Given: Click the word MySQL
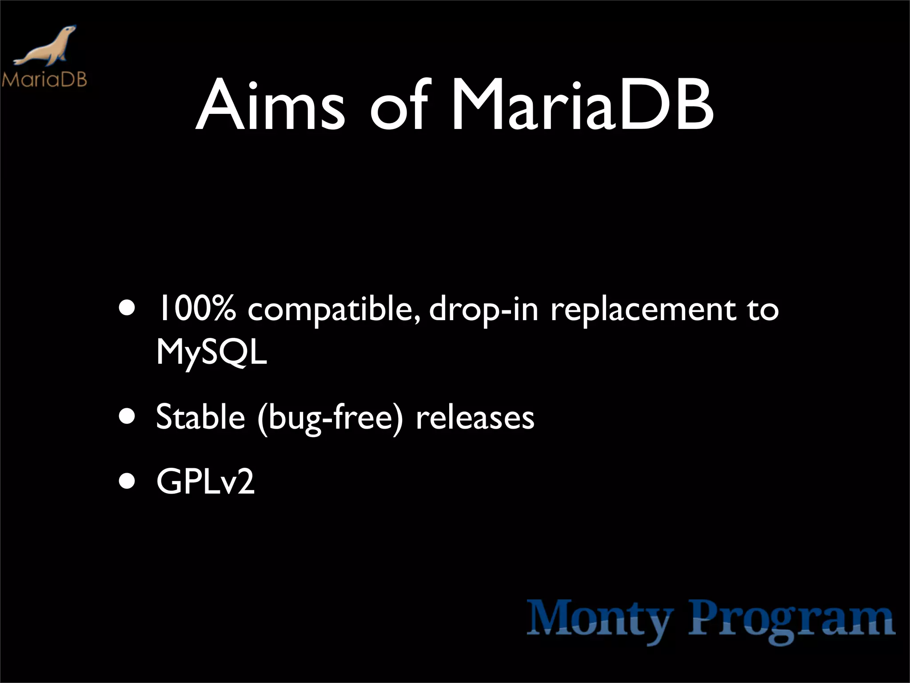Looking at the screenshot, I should point(212,354).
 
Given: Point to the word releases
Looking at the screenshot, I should point(475,418).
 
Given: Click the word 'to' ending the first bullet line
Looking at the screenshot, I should point(762,309).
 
